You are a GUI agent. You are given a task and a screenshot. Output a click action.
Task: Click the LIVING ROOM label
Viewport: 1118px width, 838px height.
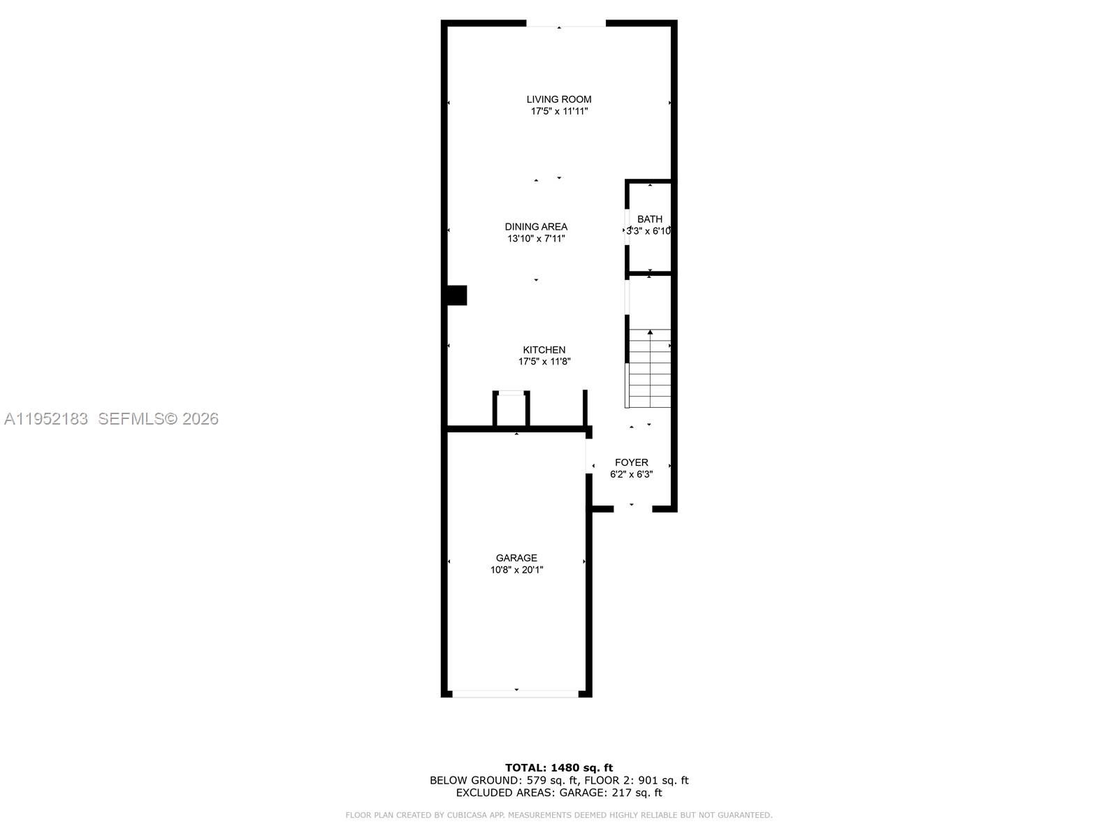pyautogui.click(x=559, y=99)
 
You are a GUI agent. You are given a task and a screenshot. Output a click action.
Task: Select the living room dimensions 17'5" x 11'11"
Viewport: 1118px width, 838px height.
pyautogui.click(x=559, y=111)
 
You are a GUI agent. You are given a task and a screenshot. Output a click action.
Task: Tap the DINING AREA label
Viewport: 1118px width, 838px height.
pyautogui.click(x=536, y=226)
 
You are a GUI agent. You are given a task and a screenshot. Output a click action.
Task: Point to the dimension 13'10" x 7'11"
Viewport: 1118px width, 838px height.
pyautogui.click(x=536, y=238)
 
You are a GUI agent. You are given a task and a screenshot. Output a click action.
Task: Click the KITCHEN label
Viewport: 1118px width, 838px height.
pyautogui.click(x=544, y=350)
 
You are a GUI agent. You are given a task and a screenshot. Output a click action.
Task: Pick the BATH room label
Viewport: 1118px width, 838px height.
pyautogui.click(x=649, y=219)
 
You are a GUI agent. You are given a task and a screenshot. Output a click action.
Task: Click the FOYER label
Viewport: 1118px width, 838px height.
pyautogui.click(x=631, y=462)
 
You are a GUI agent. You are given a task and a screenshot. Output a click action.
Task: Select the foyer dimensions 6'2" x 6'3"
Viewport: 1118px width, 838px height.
pyautogui.click(x=631, y=474)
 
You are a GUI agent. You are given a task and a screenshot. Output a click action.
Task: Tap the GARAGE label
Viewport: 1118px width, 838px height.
pyautogui.click(x=516, y=558)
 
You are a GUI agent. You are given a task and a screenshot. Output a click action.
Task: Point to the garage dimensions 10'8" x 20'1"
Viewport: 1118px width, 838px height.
pyautogui.click(x=516, y=570)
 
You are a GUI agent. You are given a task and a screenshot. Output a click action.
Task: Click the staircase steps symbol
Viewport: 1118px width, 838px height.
pyautogui.click(x=650, y=369)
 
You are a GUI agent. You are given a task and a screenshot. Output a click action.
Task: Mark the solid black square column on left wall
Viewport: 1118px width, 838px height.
pyautogui.click(x=456, y=295)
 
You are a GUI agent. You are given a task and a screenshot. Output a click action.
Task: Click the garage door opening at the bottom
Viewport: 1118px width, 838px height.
pyautogui.click(x=516, y=693)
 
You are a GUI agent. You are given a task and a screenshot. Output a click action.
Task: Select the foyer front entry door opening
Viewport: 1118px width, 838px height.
pyautogui.click(x=632, y=509)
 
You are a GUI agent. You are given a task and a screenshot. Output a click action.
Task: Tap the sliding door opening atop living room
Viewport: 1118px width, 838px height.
pyautogui.click(x=565, y=25)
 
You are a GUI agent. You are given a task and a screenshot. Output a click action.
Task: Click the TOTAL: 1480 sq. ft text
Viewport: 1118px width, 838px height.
pyautogui.click(x=559, y=767)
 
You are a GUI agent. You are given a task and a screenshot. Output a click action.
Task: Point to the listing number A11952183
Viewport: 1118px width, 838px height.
pyautogui.click(x=46, y=419)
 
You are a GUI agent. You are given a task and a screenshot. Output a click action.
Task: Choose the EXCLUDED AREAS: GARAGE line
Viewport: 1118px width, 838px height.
pyautogui.click(x=559, y=793)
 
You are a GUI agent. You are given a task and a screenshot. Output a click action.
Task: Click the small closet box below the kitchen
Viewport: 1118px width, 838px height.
pyautogui.click(x=511, y=409)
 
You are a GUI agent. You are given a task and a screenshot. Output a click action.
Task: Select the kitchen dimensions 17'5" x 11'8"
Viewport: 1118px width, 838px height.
pyautogui.click(x=544, y=362)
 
